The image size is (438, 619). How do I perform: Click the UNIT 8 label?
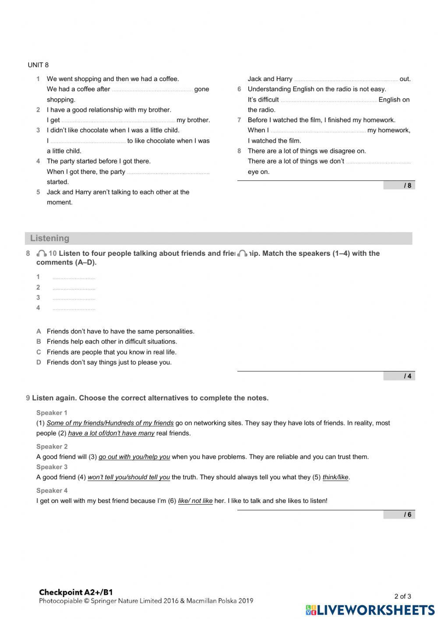tap(38, 65)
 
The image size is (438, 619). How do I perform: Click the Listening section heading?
tap(49, 238)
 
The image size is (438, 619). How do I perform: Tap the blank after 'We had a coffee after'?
tap(152, 90)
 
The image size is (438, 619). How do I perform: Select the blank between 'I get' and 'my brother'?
tap(118, 120)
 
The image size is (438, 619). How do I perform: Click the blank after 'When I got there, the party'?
tap(168, 172)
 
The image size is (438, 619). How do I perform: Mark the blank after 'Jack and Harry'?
tap(346, 80)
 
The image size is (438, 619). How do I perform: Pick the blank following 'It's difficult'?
tap(328, 100)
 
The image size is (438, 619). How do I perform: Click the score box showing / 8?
tap(399, 185)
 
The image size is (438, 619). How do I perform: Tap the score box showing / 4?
tap(399, 376)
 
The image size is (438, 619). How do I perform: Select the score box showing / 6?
tap(399, 515)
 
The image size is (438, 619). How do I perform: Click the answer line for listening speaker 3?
tap(74, 298)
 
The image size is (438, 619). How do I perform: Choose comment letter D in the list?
tap(39, 362)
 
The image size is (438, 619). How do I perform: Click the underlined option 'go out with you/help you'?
tap(134, 457)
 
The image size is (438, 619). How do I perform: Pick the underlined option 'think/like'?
tap(336, 478)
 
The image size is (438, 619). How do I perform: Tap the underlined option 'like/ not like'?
tap(195, 501)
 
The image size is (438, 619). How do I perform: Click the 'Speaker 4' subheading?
tap(52, 491)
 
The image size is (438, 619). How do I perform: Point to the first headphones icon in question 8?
tap(42, 254)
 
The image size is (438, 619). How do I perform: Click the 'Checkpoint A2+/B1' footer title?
tap(76, 592)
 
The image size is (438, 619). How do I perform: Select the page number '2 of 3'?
tap(403, 596)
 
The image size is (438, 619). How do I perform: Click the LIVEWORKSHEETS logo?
tap(370, 610)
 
